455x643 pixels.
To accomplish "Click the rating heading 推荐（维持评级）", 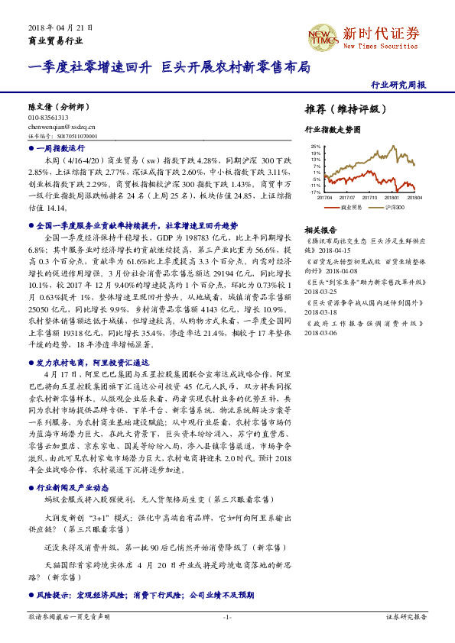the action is click(340, 109).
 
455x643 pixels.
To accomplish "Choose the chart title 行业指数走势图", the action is click(332, 130).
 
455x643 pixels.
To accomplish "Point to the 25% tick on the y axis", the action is click(315, 145).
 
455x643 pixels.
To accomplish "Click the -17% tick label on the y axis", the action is click(315, 192).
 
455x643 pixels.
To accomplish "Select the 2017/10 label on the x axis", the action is click(372, 197).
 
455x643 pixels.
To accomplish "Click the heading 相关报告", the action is click(320, 230).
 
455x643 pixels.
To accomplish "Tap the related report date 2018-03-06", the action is click(320, 331).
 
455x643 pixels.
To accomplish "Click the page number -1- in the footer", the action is click(227, 616).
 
